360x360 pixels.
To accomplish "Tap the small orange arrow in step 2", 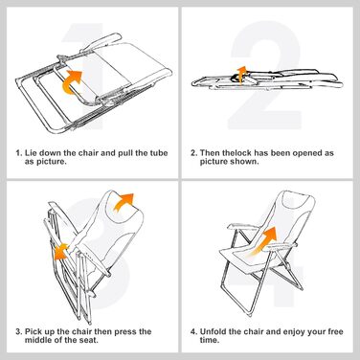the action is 242,74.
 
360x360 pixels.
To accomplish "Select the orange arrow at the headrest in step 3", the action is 124,202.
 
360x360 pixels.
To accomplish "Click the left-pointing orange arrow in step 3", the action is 60,251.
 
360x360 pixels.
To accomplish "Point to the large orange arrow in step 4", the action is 264,241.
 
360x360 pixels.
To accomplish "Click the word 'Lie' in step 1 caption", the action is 30,153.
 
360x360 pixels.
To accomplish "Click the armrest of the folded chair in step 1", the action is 101,42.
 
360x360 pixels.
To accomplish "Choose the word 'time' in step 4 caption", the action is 209,340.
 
